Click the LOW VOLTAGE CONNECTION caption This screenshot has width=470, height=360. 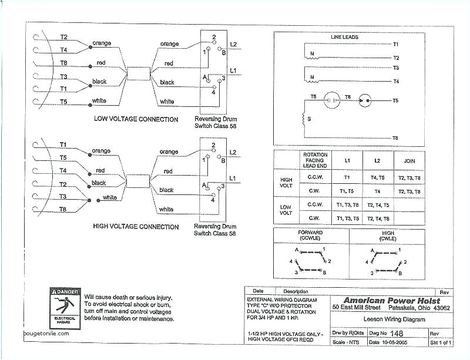136,119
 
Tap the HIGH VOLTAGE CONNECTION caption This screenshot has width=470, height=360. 136,227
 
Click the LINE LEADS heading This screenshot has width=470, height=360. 345,37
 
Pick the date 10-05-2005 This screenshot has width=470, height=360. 394,342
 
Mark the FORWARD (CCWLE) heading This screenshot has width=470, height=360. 311,235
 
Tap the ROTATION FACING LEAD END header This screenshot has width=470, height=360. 315,160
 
